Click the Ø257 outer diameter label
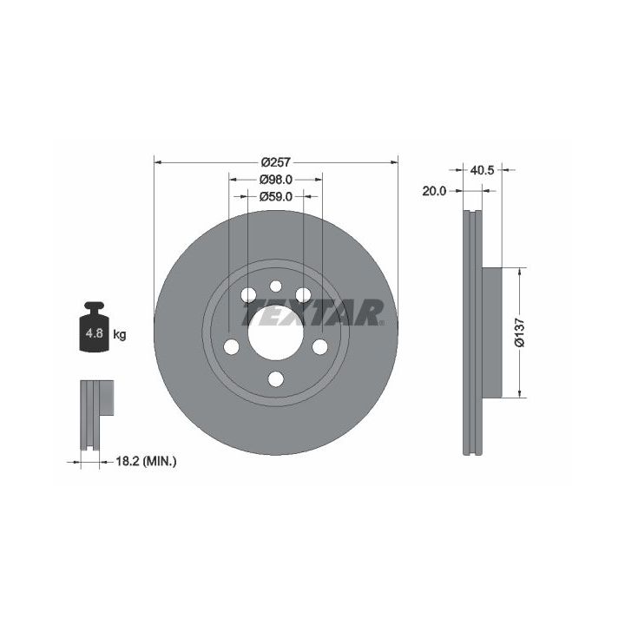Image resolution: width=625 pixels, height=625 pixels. (277, 162)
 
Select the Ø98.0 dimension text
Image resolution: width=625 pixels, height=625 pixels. (276, 180)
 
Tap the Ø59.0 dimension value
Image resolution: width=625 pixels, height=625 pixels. (276, 196)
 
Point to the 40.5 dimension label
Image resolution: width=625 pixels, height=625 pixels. (482, 170)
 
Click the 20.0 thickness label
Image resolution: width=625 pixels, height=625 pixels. (434, 191)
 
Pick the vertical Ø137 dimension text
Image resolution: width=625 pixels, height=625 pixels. (519, 332)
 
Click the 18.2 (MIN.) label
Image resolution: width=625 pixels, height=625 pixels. (146, 462)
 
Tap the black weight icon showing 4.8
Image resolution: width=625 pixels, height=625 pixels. (94, 327)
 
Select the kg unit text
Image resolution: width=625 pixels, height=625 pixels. (120, 334)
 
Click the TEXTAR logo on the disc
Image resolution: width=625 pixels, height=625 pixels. (313, 312)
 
